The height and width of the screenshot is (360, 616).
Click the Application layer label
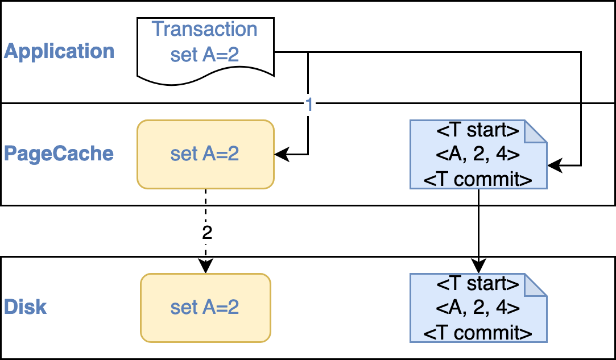59,51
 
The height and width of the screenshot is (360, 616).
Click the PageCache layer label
59,154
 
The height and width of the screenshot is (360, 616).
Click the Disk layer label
26,307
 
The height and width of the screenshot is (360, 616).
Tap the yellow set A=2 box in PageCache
205,154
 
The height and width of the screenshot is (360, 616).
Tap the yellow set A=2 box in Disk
205,308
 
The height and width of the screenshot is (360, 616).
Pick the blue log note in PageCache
478,154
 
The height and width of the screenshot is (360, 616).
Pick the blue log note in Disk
478,308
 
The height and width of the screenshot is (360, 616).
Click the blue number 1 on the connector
308,105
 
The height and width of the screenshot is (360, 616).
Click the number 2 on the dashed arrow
206,232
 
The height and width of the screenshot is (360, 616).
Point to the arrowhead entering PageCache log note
553,165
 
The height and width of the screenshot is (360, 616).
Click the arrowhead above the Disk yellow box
205,266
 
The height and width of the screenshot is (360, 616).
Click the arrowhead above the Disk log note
478,266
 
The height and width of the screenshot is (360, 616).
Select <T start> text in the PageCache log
478,131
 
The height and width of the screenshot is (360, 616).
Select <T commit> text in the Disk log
478,333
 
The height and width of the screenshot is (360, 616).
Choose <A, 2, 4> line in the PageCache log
478,155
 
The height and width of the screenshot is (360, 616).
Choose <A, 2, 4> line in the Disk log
478,308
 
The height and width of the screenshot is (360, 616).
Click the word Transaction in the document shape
205,28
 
